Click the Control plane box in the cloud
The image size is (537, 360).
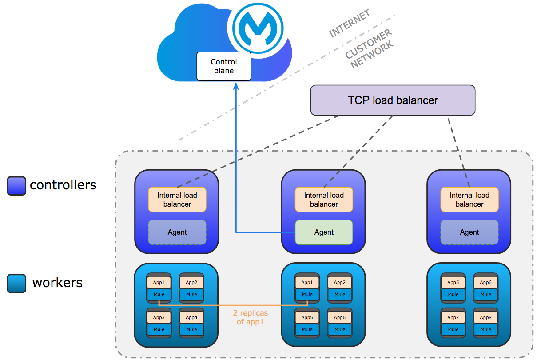click(x=223, y=66)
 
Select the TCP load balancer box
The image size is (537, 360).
click(x=393, y=100)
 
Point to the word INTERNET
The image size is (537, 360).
click(x=349, y=24)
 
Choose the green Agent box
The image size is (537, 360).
click(x=324, y=232)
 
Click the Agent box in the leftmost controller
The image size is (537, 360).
click(x=177, y=232)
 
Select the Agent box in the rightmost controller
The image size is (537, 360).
click(x=469, y=232)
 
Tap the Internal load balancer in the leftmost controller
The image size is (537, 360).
click(x=177, y=200)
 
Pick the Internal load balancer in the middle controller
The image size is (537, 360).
click(x=324, y=200)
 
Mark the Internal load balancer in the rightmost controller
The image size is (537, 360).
click(x=469, y=200)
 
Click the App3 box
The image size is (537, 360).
click(x=159, y=317)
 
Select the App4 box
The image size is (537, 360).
click(x=191, y=317)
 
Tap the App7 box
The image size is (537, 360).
click(x=453, y=317)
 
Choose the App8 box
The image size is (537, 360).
click(x=486, y=317)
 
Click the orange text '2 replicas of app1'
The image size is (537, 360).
click(x=250, y=317)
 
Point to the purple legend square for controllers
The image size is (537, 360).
click(x=16, y=186)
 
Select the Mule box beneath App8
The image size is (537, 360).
click(x=486, y=329)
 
